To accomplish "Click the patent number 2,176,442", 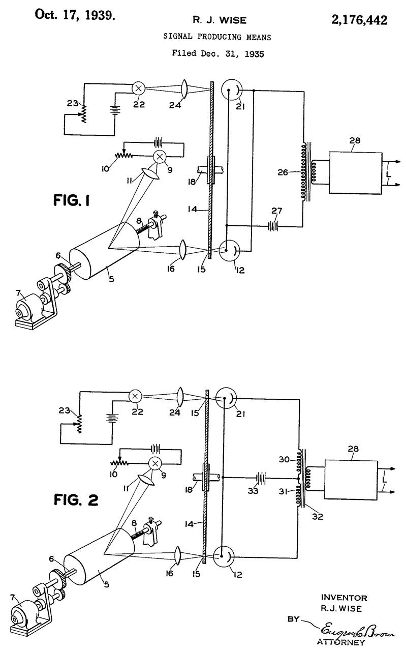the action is coord(359,20).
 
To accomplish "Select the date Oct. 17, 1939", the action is coord(75,15).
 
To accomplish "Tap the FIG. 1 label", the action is coord(72,200).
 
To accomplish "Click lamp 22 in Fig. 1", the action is coord(139,87).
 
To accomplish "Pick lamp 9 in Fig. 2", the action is coord(155,463).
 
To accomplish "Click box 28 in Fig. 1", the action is coord(356,173).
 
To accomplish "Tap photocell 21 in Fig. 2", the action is coord(226,398).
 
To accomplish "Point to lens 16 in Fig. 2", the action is coord(177,555).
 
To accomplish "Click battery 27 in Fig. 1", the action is coord(273,225).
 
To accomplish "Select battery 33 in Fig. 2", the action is coord(261,477).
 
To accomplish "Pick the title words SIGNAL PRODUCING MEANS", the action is coord(217,37).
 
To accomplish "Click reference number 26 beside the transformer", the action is coord(283,172).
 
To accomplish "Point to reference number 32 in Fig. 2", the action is coord(318,516).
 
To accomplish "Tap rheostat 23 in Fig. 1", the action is coord(84,113).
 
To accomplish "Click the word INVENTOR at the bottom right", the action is coord(344,598).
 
